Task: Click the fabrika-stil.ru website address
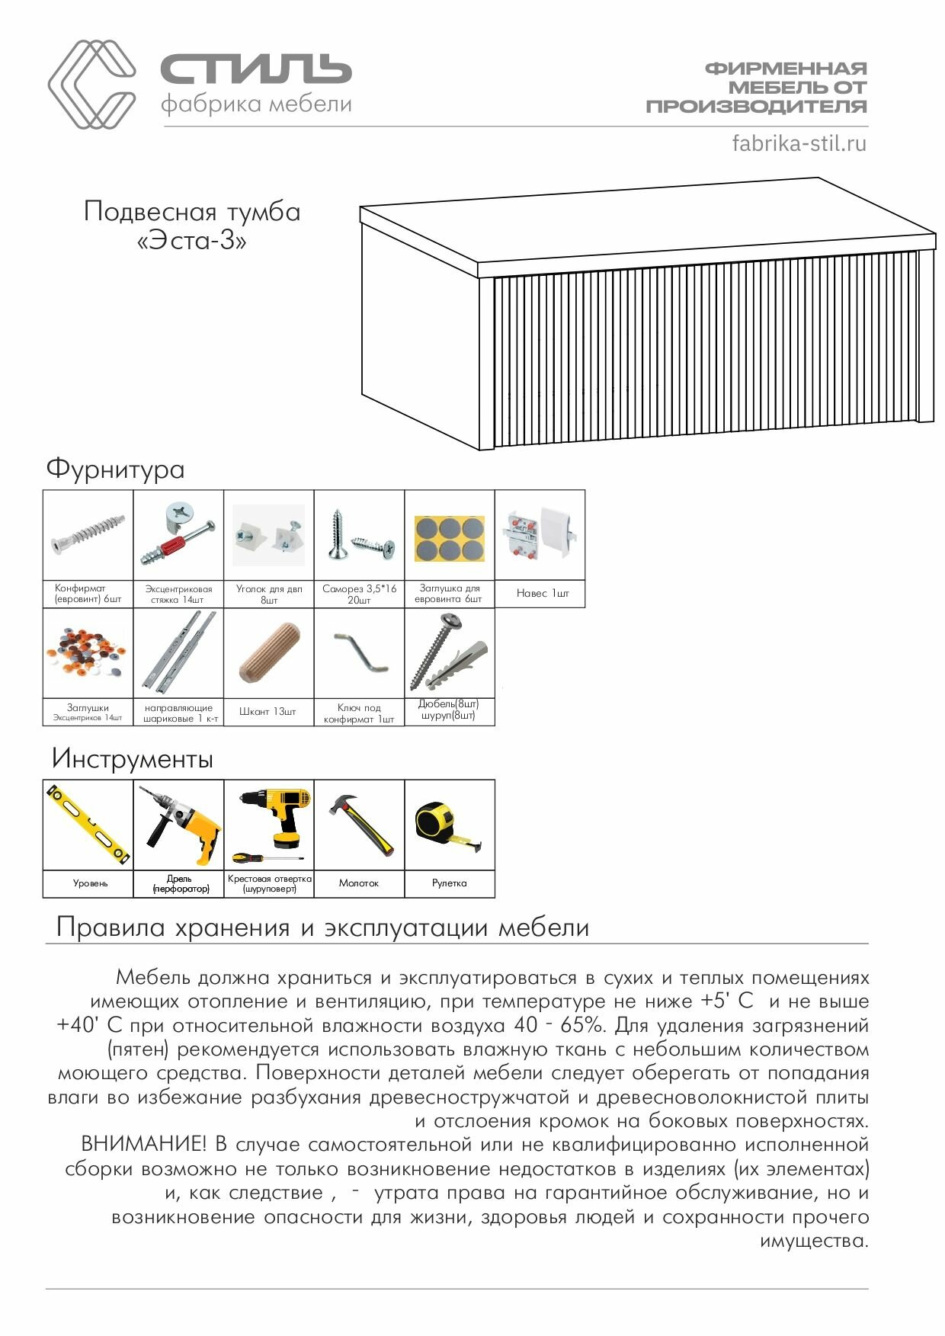tap(799, 143)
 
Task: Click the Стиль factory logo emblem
tap(91, 84)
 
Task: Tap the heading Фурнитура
tap(115, 469)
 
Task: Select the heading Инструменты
tap(132, 758)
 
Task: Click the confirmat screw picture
tap(88, 534)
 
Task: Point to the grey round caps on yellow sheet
tap(449, 538)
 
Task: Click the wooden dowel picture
tap(269, 652)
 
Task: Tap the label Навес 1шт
tap(543, 593)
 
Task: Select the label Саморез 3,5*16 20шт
tap(359, 594)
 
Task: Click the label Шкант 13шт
tap(267, 711)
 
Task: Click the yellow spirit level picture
tap(88, 825)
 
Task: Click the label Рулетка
tap(449, 883)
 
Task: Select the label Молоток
tap(358, 883)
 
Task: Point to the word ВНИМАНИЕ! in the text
tap(143, 1144)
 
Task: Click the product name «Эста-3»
tap(191, 241)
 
